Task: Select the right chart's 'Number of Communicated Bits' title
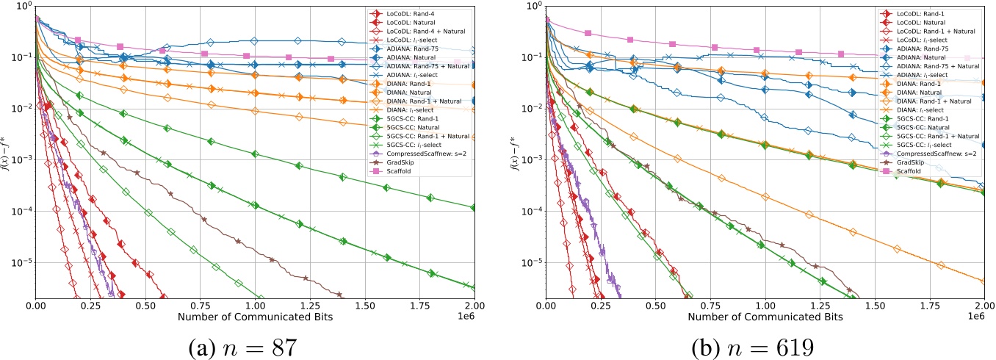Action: tap(765, 317)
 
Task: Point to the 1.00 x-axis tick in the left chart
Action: tap(255, 305)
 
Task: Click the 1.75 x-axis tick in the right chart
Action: tap(929, 305)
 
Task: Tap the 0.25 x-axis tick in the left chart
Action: tap(90, 305)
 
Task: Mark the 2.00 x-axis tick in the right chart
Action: tap(984, 305)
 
